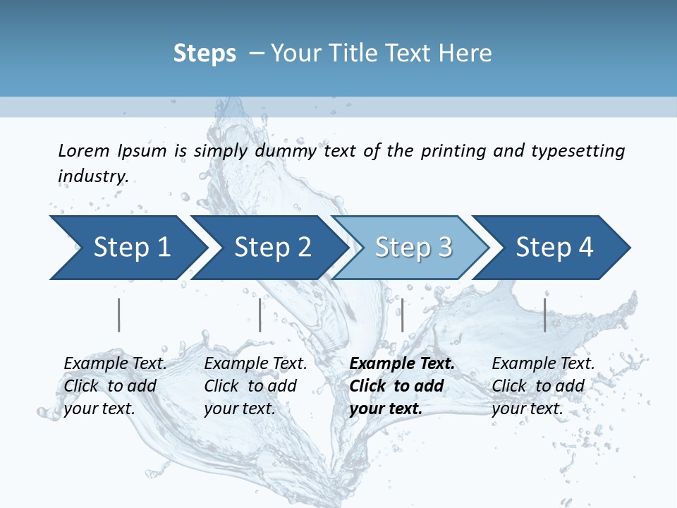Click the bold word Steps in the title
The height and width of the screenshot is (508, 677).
[x=205, y=54]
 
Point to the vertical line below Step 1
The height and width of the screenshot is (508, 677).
[x=119, y=315]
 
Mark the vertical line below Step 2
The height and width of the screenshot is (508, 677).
[x=260, y=315]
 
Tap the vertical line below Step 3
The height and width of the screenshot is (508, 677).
[x=402, y=315]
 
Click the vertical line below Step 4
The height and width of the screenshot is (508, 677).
[x=544, y=315]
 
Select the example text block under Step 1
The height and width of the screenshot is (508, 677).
[x=114, y=386]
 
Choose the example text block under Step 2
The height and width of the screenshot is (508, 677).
[x=255, y=386]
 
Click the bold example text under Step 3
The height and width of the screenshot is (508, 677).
[x=401, y=386]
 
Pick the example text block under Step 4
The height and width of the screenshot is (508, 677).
[x=542, y=386]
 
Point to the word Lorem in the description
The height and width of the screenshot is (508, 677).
[x=84, y=151]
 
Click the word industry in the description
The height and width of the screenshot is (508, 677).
[x=92, y=176]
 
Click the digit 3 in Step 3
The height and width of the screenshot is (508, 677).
[x=444, y=248]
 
